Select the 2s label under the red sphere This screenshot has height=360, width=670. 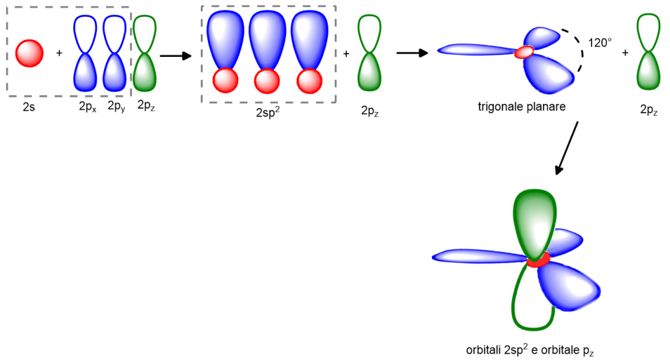click(29, 105)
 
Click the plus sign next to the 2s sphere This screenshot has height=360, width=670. click(60, 52)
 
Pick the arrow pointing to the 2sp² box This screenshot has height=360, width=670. click(175, 56)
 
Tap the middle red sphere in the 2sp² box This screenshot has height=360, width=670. click(267, 81)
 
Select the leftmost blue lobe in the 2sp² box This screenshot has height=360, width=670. click(226, 39)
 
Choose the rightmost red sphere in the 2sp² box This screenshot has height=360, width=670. click(309, 81)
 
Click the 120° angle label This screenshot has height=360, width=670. click(599, 43)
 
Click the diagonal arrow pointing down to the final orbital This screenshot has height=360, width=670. click(567, 148)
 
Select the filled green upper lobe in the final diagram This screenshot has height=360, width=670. click(536, 223)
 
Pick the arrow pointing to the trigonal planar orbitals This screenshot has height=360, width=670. click(412, 52)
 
